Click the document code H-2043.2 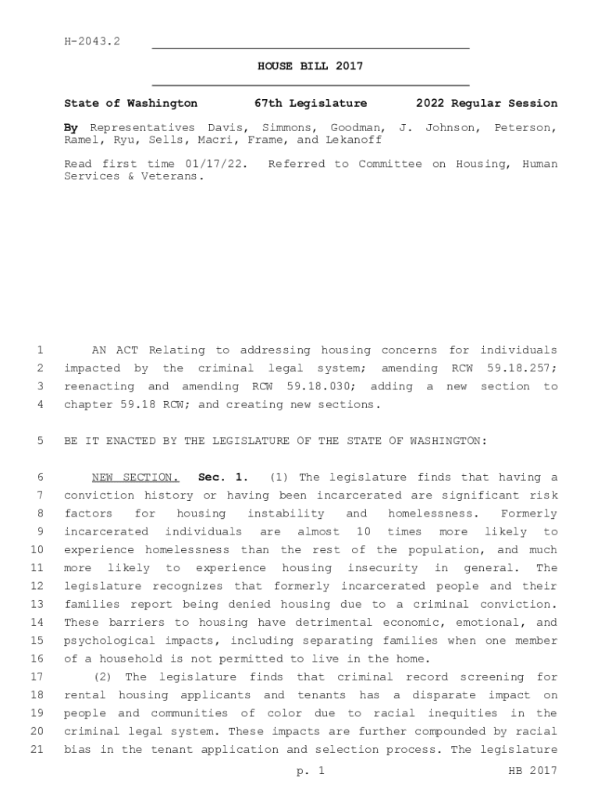[92, 41]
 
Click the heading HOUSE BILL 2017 [311, 67]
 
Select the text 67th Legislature [311, 104]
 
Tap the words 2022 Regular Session [487, 104]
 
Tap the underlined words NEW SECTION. [136, 478]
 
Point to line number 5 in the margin [38, 441]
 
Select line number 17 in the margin [36, 677]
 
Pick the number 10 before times [363, 532]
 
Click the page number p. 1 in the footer [310, 772]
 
